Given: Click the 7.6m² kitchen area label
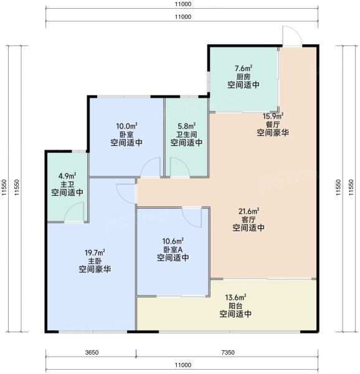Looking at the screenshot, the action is (244, 69).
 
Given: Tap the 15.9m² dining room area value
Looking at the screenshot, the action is (273, 116).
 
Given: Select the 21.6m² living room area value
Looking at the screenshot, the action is (249, 211).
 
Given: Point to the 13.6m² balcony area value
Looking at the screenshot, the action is (235, 297).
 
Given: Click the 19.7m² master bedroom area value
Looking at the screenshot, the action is (95, 252).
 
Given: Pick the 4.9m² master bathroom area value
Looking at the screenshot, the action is (67, 176).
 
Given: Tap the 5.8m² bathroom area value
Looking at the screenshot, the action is (187, 126).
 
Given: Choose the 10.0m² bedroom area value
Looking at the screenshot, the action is (126, 126).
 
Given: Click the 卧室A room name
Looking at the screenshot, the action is (173, 249).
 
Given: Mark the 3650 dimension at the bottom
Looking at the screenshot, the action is (92, 352).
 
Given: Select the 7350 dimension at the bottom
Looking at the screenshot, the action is (228, 352).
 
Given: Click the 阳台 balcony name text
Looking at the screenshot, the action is (235, 306).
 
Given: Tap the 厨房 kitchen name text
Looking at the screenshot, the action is (244, 77).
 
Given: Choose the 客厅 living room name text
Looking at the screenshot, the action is (249, 219).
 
